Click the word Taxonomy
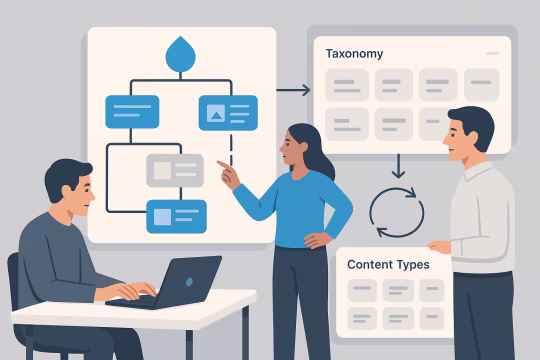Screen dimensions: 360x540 tap(354, 53)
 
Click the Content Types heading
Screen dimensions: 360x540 tap(388, 265)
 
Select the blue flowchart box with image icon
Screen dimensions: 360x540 tap(227, 112)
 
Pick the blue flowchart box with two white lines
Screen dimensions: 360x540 tap(132, 111)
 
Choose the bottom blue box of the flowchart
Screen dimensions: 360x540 tap(176, 216)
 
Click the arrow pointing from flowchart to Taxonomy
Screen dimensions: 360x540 tap(293, 91)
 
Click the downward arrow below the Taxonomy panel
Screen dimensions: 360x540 tap(397, 164)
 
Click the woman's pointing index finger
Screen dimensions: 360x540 tap(222, 164)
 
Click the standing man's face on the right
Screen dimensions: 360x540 tap(463, 136)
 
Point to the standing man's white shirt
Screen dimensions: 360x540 tap(484, 220)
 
